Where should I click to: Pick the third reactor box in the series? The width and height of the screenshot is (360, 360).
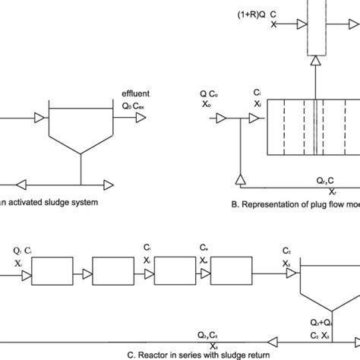(231, 269)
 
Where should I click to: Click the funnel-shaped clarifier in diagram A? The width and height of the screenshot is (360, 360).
(81, 132)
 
